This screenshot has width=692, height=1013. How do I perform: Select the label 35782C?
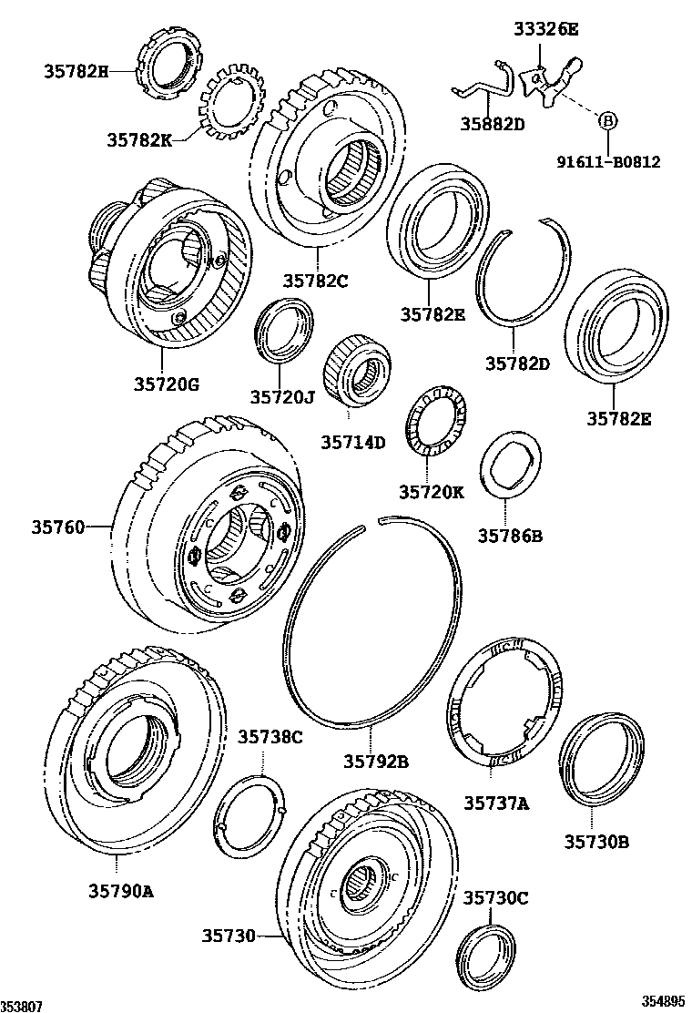click(315, 281)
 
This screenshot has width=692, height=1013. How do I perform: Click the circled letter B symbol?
click(607, 119)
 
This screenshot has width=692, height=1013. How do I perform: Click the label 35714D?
click(352, 443)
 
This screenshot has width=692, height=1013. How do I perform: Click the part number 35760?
click(58, 527)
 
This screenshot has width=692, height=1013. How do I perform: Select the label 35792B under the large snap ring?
click(376, 762)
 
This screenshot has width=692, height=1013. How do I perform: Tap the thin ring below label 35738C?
click(254, 813)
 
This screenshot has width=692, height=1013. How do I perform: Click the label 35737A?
click(496, 803)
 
